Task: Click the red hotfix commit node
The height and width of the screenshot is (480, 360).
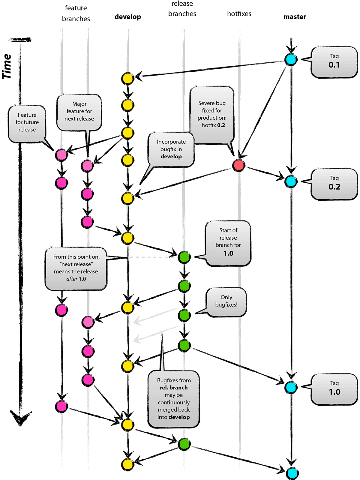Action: [239, 165]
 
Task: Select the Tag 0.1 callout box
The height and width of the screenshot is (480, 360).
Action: [334, 62]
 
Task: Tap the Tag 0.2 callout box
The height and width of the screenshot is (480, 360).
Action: [334, 184]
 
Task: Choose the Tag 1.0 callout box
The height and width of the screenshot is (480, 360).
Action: [334, 389]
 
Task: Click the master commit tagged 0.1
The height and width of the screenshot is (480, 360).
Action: [291, 59]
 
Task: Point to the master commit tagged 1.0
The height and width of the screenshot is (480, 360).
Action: [291, 387]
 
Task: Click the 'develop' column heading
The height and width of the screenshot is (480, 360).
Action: [128, 17]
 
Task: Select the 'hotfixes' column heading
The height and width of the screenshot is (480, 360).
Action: [239, 14]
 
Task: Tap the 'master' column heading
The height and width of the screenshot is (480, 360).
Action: [295, 17]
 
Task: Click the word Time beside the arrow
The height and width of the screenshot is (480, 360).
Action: [7, 66]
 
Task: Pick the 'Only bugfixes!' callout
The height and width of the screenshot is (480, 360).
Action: [226, 301]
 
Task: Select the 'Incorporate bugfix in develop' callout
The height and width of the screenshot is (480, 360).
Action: [171, 149]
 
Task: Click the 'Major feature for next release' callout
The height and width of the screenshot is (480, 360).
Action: [79, 112]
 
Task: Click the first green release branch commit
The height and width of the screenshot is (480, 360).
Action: [184, 257]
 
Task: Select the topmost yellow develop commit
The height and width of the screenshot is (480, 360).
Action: [127, 78]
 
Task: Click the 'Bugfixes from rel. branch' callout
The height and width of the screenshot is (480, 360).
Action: [174, 399]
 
